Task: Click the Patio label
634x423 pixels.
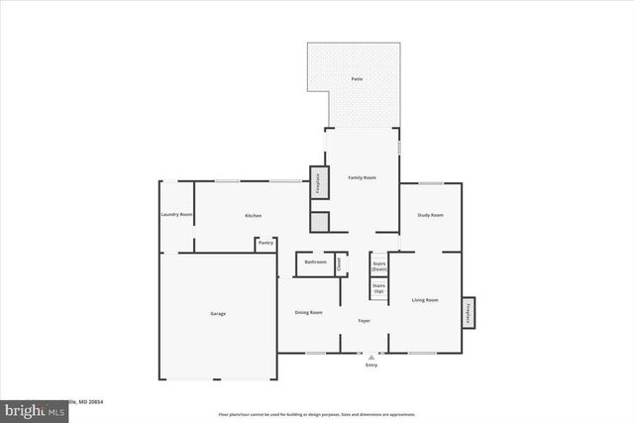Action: tap(356, 78)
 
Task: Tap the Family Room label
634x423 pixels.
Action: tap(362, 177)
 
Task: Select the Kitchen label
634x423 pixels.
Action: tap(253, 216)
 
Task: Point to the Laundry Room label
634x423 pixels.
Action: tap(176, 215)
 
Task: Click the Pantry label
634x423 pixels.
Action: tap(265, 243)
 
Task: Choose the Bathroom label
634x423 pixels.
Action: tap(315, 263)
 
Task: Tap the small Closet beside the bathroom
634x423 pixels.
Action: tap(338, 264)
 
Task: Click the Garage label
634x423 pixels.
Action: tap(217, 314)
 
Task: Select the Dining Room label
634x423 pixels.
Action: tap(309, 313)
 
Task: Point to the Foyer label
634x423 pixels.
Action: tap(364, 320)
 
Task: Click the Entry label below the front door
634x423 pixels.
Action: tap(371, 366)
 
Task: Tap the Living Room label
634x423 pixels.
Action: tap(425, 299)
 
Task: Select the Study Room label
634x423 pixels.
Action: tap(430, 215)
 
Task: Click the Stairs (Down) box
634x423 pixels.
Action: tap(378, 265)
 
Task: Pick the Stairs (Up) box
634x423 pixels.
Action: tap(378, 288)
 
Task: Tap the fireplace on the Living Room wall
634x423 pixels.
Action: tap(468, 313)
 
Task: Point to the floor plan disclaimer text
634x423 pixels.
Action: tap(317, 415)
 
